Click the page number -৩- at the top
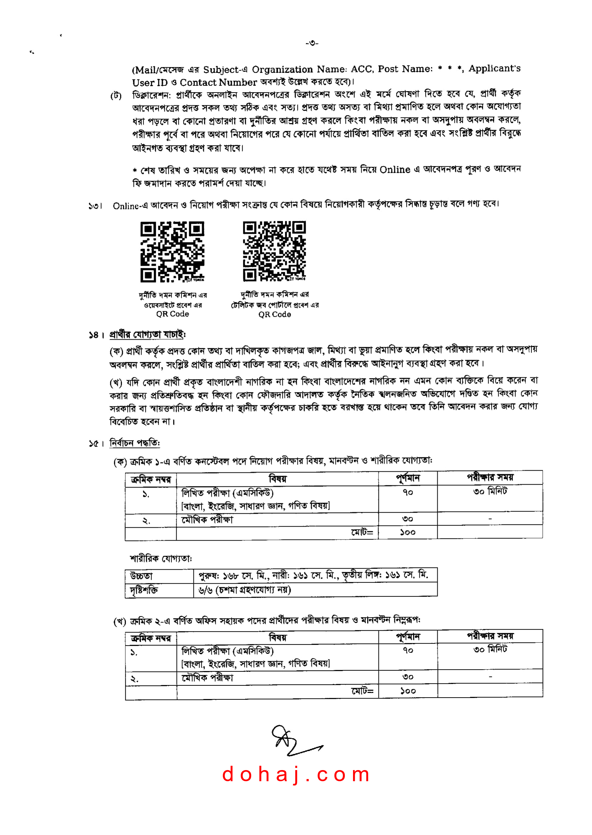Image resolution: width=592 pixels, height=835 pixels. [312, 43]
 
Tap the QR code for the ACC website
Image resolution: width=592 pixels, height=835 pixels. [173, 252]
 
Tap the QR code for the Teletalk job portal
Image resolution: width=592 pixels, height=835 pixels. [274, 251]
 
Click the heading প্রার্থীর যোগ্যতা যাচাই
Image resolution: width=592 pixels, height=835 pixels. [147, 334]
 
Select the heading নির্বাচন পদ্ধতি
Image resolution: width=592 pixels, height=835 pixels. [135, 443]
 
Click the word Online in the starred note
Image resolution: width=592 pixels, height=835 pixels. [395, 170]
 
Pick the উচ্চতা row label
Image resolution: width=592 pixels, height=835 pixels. [141, 576]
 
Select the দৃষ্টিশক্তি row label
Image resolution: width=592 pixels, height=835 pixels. [144, 590]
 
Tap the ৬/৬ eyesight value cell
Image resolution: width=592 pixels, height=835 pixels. [245, 590]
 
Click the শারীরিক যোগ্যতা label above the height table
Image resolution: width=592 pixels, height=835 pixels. [161, 558]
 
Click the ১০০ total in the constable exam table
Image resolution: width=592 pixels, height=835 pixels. [408, 532]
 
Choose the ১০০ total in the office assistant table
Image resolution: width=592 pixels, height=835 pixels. [408, 691]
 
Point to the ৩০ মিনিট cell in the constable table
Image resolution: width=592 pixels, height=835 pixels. [490, 492]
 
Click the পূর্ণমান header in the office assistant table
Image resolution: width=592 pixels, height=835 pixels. [408, 637]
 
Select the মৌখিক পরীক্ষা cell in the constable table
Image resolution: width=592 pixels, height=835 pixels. [207, 519]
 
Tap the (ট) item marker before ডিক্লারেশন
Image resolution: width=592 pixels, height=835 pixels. [116, 96]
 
